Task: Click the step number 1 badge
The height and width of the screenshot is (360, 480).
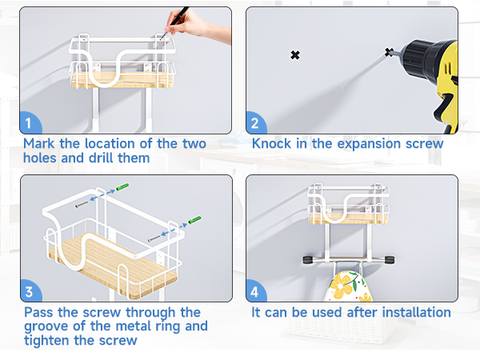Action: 30,123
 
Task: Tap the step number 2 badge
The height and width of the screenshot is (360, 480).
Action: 255,123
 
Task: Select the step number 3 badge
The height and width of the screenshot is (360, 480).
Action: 30,291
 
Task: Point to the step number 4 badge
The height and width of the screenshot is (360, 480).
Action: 255,291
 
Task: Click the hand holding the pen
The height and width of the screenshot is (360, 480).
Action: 196,25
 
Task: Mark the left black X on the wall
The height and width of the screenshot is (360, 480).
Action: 295,55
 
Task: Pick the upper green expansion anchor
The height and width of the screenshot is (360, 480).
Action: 122,186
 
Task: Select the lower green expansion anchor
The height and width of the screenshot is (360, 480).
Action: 194,220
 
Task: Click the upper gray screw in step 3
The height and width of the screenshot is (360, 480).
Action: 82,204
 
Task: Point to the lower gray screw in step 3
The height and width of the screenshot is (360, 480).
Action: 154,238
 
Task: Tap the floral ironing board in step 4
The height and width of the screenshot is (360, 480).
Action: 347,286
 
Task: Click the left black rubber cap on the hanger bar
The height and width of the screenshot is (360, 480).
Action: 309,260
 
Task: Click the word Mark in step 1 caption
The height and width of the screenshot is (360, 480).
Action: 39,143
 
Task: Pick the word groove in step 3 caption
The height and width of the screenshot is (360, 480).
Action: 46,327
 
